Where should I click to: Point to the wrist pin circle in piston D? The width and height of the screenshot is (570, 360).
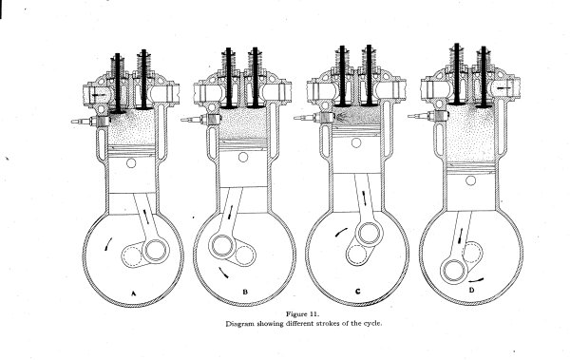click(x=469, y=173)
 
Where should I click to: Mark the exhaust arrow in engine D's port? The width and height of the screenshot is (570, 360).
click(x=503, y=85)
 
